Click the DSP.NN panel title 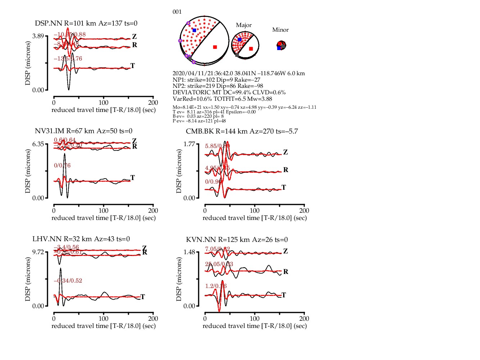86,23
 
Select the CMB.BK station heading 242,131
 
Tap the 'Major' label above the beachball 244,25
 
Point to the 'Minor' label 280,30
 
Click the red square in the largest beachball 215,47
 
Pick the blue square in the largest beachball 194,30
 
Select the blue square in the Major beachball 240,40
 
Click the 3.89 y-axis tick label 38,36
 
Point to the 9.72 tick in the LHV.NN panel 38,252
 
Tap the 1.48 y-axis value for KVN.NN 189,252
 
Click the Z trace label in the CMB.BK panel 285,152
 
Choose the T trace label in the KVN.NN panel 284,295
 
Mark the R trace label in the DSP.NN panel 135,45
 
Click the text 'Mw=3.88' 259,99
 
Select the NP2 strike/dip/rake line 218,86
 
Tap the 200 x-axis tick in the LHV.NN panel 153,319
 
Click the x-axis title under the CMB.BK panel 254,218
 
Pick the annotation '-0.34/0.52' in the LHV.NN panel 68,281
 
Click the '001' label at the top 177,12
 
